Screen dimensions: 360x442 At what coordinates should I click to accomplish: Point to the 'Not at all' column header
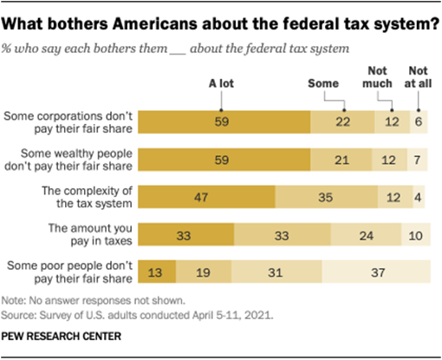(419, 76)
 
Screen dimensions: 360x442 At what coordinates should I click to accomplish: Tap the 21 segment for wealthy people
(341, 160)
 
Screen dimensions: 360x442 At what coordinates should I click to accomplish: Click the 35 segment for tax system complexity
(325, 197)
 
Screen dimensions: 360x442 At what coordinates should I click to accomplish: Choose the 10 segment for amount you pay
(416, 234)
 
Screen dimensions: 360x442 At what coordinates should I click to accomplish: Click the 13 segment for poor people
(158, 272)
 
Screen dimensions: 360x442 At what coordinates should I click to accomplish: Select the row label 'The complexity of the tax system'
(90, 197)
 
